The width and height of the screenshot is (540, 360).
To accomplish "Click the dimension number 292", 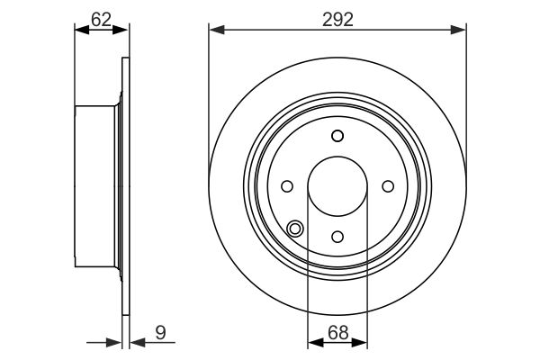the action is [x=337, y=20].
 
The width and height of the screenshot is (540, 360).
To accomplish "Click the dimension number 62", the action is [x=101, y=20].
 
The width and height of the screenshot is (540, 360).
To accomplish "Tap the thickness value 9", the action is [x=160, y=333].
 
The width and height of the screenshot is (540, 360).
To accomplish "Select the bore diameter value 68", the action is [x=337, y=333].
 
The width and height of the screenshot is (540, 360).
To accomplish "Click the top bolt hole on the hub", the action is [x=337, y=136].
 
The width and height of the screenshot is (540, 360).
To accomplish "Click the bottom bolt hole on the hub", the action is [x=337, y=237].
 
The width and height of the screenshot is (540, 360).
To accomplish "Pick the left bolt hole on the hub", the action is [x=287, y=186].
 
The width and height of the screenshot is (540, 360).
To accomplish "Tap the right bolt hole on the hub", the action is [x=388, y=186].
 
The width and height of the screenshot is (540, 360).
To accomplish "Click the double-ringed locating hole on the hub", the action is [x=295, y=229].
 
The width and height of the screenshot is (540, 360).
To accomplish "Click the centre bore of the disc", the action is [x=337, y=186].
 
